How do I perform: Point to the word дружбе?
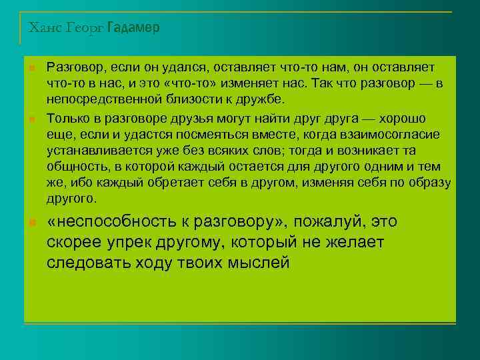261,99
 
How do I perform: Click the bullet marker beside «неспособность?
31,222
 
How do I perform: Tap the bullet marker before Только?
31,119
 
